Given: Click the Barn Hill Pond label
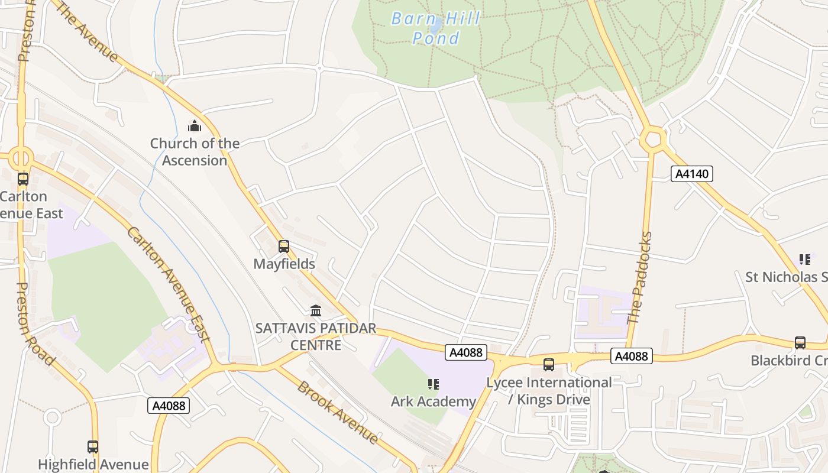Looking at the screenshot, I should pyautogui.click(x=435, y=28).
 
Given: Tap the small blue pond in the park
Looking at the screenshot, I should pyautogui.click(x=435, y=25).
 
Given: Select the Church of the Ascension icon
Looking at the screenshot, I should pyautogui.click(x=195, y=126).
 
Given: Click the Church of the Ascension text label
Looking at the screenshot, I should pyautogui.click(x=195, y=152).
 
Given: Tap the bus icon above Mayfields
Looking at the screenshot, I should pyautogui.click(x=284, y=247).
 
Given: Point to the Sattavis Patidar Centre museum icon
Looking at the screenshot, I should pyautogui.click(x=316, y=310).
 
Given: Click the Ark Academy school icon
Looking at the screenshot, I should pyautogui.click(x=434, y=385).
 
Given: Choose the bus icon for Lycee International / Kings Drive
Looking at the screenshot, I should pyautogui.click(x=549, y=365).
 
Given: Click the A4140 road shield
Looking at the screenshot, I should pyautogui.click(x=692, y=174).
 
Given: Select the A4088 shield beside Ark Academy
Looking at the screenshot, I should pyautogui.click(x=466, y=353).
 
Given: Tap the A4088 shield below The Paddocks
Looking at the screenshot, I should pyautogui.click(x=632, y=356).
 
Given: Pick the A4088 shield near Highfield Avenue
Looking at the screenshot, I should pyautogui.click(x=169, y=406).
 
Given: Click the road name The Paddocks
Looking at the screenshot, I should pyautogui.click(x=639, y=278).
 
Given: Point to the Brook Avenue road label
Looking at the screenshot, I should pyautogui.click(x=338, y=413).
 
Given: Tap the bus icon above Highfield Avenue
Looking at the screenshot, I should pyautogui.click(x=93, y=447).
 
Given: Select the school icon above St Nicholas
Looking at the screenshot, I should pyautogui.click(x=804, y=260).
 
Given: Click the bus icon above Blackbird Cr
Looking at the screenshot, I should pyautogui.click(x=800, y=343).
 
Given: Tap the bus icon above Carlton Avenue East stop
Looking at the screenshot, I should pyautogui.click(x=23, y=179).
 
